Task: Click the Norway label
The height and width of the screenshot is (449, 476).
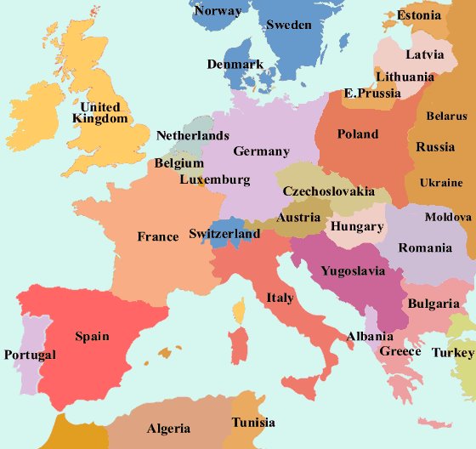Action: tap(218, 11)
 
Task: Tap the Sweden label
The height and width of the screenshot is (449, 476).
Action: tap(289, 25)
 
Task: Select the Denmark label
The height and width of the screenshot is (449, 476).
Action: tap(235, 65)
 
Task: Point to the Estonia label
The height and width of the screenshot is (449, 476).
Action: tap(419, 15)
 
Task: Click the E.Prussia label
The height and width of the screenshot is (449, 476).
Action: tap(371, 93)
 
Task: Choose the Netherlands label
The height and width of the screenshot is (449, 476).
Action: tap(193, 135)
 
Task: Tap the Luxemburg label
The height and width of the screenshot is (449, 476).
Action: tap(215, 179)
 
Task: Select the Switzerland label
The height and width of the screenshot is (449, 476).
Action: tap(224, 234)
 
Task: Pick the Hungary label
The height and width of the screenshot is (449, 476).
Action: tap(357, 227)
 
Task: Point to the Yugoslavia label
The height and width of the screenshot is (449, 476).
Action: tap(353, 272)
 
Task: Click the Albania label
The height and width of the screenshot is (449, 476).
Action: tap(370, 337)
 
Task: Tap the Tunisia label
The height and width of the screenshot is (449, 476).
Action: tap(253, 423)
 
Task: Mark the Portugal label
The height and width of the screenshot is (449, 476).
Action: tap(30, 355)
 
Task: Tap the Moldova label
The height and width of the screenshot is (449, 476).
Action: tap(448, 217)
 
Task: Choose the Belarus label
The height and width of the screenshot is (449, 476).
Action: tap(446, 116)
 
